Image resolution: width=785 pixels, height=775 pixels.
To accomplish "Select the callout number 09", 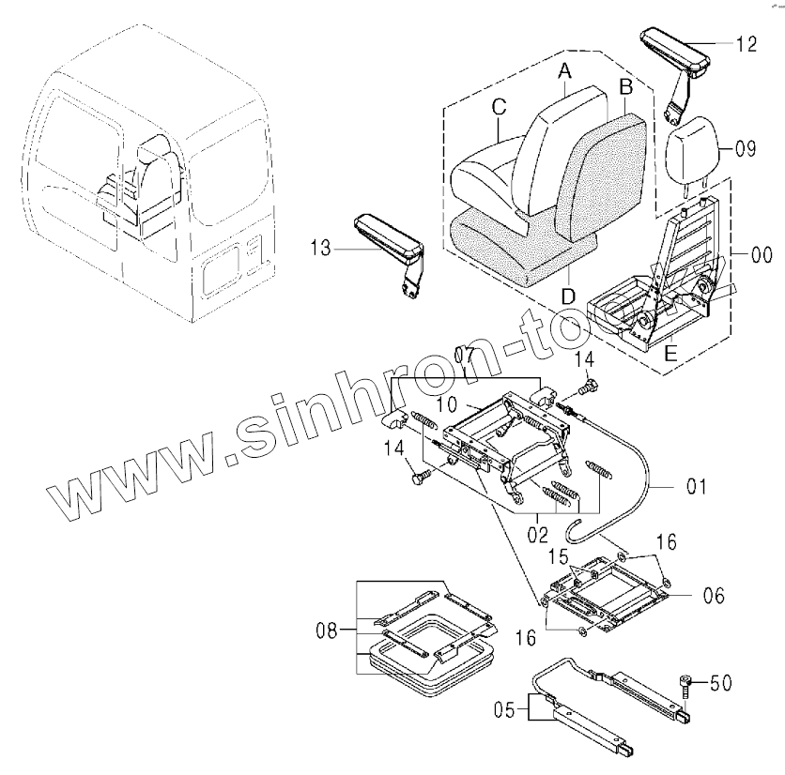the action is [745, 147].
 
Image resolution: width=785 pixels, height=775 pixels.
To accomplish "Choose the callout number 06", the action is [716, 595].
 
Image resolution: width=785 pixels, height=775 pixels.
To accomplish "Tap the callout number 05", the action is [506, 710].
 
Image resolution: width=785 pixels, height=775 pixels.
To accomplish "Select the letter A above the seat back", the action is [564, 70].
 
